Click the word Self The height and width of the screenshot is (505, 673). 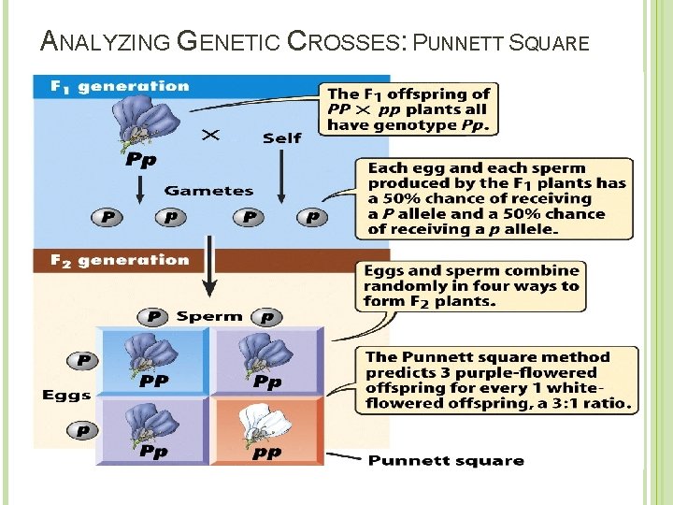click(x=281, y=137)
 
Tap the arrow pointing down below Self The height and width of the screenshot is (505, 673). click(x=282, y=173)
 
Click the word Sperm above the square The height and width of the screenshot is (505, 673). click(x=208, y=316)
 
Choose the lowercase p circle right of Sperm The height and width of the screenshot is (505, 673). click(x=267, y=317)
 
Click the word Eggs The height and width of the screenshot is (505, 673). click(x=66, y=396)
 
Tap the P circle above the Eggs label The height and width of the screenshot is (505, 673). click(x=83, y=360)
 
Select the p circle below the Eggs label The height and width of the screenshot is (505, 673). click(x=83, y=430)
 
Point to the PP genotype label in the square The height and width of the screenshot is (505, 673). click(x=153, y=382)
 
